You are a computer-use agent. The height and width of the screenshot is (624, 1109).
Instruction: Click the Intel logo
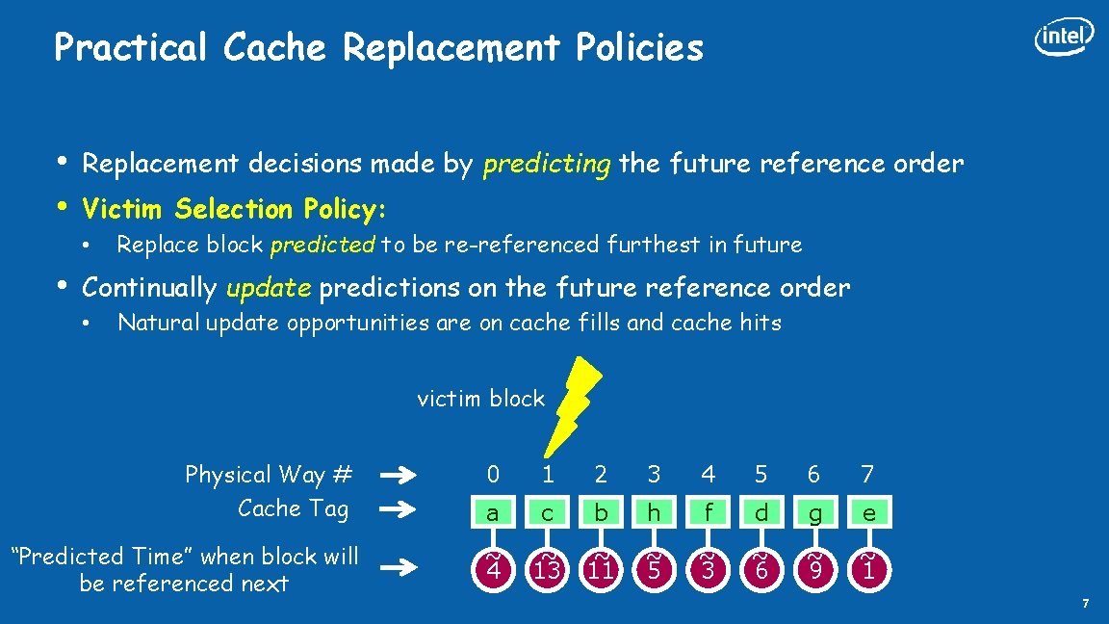coord(1064,37)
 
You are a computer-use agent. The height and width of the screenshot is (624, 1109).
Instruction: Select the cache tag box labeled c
coord(547,513)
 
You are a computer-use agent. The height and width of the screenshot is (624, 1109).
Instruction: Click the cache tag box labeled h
coord(655,513)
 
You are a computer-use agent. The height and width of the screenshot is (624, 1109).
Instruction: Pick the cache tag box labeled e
coord(868,513)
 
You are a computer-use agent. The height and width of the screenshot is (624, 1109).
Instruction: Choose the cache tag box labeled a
coord(493,513)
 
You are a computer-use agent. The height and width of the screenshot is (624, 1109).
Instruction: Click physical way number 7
coord(867,474)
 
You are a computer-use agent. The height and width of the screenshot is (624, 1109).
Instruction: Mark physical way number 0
coord(493,474)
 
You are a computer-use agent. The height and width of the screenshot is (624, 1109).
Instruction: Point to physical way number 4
coord(708,474)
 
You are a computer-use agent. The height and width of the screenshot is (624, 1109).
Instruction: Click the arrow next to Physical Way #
coord(398,475)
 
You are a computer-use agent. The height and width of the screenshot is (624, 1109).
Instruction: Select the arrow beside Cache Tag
coord(398,508)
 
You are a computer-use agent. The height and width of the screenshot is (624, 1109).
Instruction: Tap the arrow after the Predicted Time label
coord(398,568)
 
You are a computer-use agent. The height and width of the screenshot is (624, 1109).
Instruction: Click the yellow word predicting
coord(546,165)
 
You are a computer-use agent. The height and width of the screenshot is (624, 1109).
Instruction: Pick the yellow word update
coord(269,288)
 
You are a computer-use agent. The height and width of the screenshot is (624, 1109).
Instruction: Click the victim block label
coord(480,399)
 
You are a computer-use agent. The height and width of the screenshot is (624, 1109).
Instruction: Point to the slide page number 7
coord(1086,604)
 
